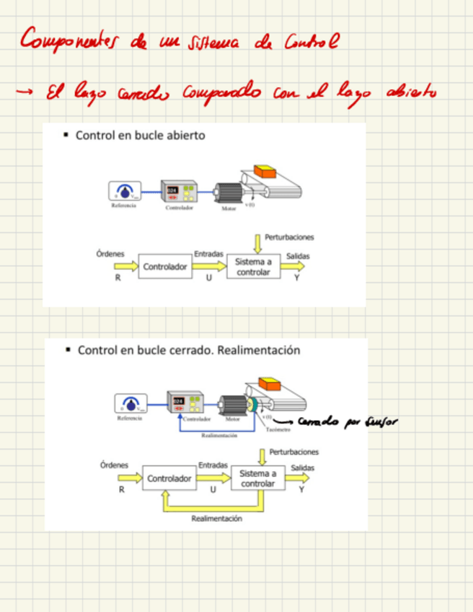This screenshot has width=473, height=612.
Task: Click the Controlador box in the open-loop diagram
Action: pos(165,266)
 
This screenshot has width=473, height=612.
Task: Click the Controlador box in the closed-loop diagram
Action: pos(169,478)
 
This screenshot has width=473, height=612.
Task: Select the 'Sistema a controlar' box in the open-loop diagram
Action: pos(253,267)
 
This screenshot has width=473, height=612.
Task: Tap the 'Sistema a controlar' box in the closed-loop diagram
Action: pos(257,478)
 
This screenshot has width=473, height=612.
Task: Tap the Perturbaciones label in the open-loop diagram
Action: pos(289,237)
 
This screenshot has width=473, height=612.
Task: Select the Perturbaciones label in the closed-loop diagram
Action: pos(293,452)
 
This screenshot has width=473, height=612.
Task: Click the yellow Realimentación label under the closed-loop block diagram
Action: pos(216,518)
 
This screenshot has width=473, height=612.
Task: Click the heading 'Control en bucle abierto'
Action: pos(140,135)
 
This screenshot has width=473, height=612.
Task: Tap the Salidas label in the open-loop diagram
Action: pos(298,255)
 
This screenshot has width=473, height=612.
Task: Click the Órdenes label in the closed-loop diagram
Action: pos(114,465)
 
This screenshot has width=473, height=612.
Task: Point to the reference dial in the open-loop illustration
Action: pos(125,191)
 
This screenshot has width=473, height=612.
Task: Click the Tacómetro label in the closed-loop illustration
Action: pos(278,429)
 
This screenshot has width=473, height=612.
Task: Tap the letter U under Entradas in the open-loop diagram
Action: pos(208,278)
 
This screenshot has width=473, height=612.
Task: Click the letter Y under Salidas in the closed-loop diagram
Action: pos(301,489)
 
